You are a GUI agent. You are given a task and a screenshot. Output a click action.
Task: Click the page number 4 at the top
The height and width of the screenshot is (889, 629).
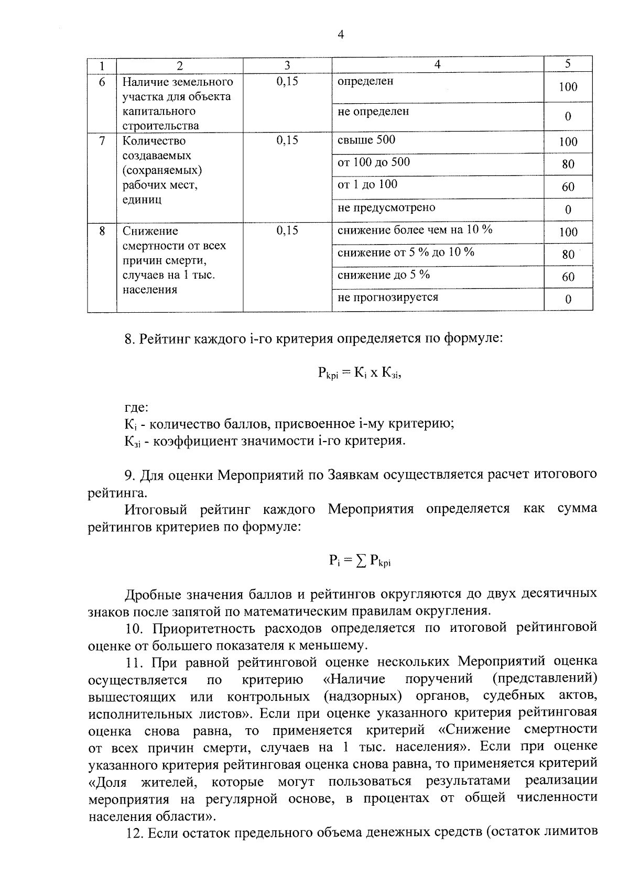coord(341,35)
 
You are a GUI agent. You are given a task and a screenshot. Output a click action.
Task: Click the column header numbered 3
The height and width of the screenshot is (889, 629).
coord(287,65)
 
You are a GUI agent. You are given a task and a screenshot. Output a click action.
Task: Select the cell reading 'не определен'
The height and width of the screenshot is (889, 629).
coord(373,112)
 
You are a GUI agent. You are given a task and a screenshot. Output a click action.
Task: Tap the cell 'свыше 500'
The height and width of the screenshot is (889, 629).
coord(366,140)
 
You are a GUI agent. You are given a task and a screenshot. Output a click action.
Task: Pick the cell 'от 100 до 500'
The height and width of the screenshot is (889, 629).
coord(374,162)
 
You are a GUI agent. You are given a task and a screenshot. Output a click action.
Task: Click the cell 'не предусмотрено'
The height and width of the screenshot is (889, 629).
coord(386,208)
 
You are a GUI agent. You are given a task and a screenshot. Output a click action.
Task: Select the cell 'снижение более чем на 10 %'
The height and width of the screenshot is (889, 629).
coord(415,230)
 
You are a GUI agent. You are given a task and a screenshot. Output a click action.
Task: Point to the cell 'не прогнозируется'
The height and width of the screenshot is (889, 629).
coord(388,298)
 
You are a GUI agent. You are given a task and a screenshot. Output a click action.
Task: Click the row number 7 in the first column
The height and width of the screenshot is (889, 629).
coord(102,141)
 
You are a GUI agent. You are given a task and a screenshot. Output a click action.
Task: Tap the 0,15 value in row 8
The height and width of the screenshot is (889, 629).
coord(287,231)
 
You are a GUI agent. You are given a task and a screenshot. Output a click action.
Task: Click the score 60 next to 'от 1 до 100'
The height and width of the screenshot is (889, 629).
coord(568,187)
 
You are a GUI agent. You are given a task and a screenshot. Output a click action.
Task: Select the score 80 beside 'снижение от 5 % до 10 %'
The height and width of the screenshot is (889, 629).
coord(568,255)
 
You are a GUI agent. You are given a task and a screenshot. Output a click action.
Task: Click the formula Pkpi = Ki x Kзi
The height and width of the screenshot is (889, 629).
coord(360,373)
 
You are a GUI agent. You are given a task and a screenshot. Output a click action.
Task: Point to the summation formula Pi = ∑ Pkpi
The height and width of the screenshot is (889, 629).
coord(360,561)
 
